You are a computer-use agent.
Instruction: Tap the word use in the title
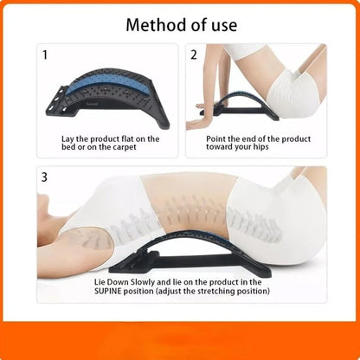click(224, 26)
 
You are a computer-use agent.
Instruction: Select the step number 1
click(45, 55)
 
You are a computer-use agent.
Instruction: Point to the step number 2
click(194, 55)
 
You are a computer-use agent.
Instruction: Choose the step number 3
click(44, 177)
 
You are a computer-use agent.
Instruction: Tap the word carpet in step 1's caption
click(125, 147)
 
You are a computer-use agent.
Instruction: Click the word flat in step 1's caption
click(127, 138)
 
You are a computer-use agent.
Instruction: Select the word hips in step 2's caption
click(261, 147)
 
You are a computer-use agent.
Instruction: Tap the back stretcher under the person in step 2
click(240, 106)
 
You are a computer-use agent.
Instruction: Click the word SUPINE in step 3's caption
click(108, 291)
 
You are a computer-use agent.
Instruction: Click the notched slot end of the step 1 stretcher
click(58, 101)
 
